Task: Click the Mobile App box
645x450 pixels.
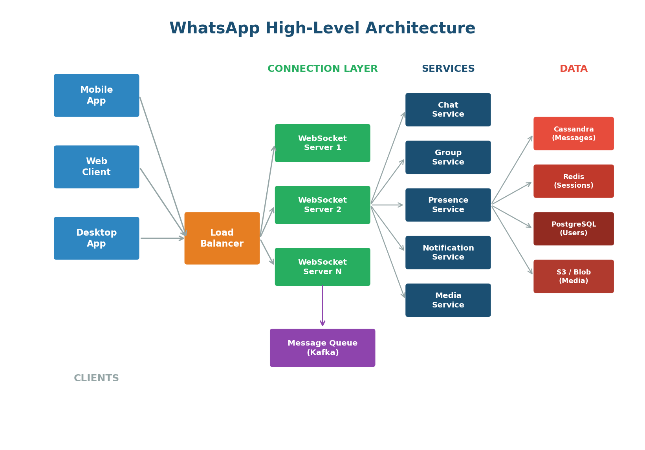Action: click(x=96, y=95)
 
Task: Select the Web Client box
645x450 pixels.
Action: click(x=96, y=167)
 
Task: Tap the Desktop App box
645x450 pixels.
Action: click(x=96, y=238)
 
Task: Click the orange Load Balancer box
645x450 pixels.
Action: click(x=222, y=238)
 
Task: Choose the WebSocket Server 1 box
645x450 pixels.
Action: click(x=322, y=143)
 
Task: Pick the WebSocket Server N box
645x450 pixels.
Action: click(x=322, y=267)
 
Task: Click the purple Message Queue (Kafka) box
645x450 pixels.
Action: click(x=322, y=348)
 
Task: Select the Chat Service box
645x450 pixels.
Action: click(x=448, y=110)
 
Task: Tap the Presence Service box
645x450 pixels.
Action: click(x=448, y=205)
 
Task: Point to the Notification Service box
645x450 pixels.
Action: click(x=448, y=252)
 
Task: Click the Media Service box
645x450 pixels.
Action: click(x=448, y=300)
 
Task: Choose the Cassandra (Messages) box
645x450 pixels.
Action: click(x=574, y=134)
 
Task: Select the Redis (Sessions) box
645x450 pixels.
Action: click(x=574, y=181)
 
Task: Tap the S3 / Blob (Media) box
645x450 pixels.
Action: click(x=574, y=276)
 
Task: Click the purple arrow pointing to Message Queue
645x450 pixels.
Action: click(x=322, y=306)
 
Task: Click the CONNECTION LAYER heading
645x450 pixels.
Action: click(x=322, y=69)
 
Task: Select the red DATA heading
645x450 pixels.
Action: click(x=574, y=69)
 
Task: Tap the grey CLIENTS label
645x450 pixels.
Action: click(x=96, y=378)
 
